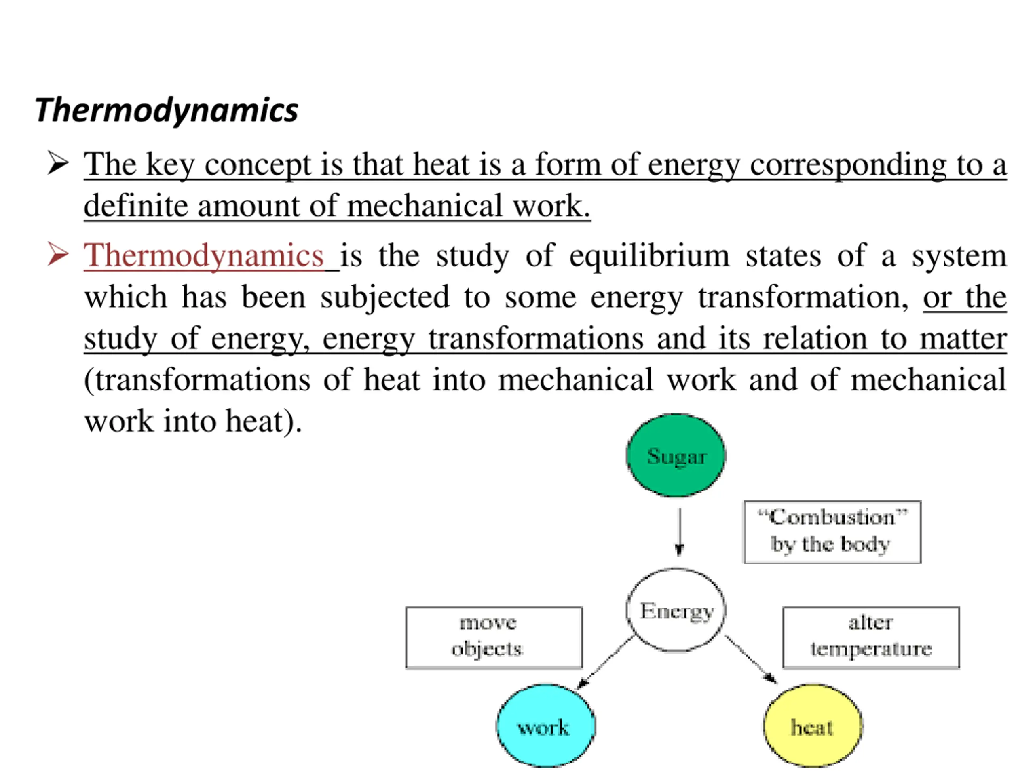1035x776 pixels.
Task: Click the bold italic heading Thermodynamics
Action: point(167,110)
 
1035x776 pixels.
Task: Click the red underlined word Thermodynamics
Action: point(204,256)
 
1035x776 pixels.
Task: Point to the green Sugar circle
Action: point(676,455)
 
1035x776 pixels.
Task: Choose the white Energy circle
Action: point(676,610)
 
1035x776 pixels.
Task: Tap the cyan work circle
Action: point(545,726)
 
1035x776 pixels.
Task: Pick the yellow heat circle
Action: point(813,726)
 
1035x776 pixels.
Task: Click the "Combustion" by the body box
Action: point(832,532)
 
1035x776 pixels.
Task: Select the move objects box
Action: point(494,637)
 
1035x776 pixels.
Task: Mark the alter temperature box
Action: point(871,637)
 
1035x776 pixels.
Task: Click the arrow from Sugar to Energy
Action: point(679,532)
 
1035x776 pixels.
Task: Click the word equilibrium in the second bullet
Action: point(649,256)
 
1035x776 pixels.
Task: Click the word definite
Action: point(135,206)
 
